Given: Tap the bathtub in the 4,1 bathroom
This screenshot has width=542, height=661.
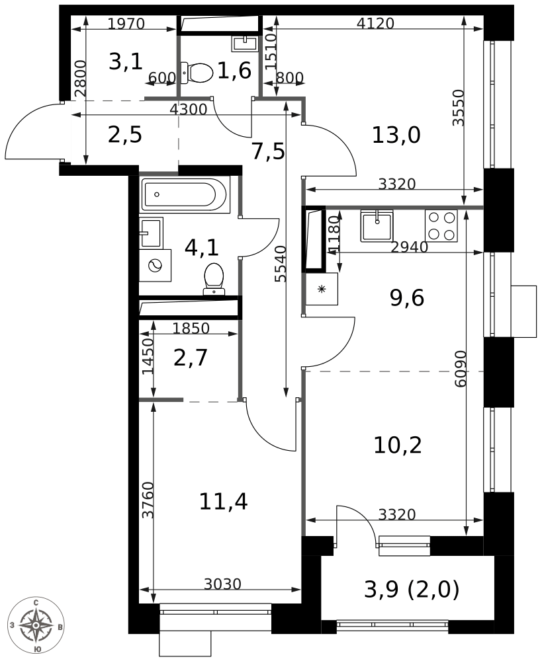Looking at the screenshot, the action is pyautogui.click(x=185, y=194).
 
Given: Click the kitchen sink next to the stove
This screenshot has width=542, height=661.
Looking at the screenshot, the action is pyautogui.click(x=377, y=226).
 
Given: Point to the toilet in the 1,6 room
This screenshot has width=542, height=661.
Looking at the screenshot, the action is pyautogui.click(x=197, y=73).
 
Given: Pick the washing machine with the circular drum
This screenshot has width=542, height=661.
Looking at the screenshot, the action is pyautogui.click(x=155, y=265).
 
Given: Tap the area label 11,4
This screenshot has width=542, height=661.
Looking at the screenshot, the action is pyautogui.click(x=223, y=502).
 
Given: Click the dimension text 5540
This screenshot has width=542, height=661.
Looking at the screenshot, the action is pyautogui.click(x=280, y=264).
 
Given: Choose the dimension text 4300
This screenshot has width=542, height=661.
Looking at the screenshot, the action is pyautogui.click(x=188, y=109).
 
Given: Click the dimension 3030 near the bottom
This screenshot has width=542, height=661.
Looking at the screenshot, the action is pyautogui.click(x=222, y=584).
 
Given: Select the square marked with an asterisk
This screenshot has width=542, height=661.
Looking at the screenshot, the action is pyautogui.click(x=322, y=289).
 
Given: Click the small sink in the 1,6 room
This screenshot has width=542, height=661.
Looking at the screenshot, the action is pyautogui.click(x=244, y=43).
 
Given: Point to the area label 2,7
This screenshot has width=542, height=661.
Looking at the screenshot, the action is pyautogui.click(x=191, y=358).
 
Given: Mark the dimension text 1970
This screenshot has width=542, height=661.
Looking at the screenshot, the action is pyautogui.click(x=126, y=24).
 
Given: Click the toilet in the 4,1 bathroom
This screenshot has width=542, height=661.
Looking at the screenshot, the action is pyautogui.click(x=214, y=279).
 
